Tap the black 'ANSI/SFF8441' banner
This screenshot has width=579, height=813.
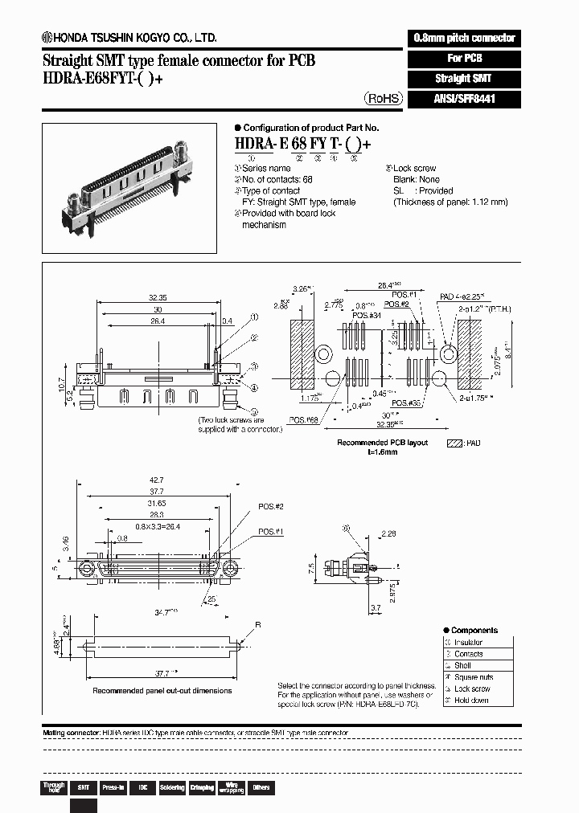(465, 99)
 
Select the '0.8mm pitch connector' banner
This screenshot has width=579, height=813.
(465, 38)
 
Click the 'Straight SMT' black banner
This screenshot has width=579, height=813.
(465, 79)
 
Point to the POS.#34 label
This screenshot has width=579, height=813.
(364, 315)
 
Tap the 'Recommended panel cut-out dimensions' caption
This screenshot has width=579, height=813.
(162, 690)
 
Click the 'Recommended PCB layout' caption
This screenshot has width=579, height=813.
(382, 443)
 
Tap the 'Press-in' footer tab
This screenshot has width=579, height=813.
(112, 787)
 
